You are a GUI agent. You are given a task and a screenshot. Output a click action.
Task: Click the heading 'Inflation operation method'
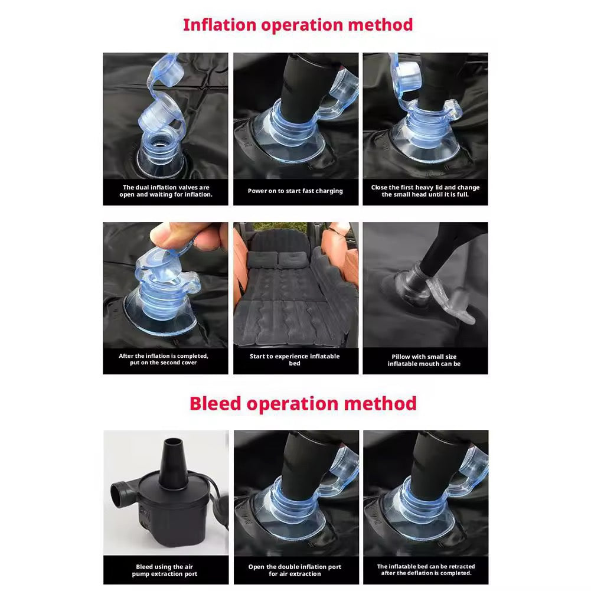tap(298, 25)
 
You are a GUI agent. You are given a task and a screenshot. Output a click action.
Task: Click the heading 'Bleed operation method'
tap(303, 404)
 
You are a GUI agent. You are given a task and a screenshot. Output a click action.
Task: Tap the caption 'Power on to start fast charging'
tap(295, 191)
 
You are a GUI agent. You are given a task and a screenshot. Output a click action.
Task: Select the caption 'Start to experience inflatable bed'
tap(295, 360)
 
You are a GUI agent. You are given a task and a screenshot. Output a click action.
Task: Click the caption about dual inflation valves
tap(166, 191)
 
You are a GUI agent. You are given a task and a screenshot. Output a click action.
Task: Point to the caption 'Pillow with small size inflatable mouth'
tap(424, 360)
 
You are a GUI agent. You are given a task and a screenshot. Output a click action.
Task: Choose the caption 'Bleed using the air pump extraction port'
tap(165, 570)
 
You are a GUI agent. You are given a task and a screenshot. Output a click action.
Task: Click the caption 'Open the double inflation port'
tap(295, 570)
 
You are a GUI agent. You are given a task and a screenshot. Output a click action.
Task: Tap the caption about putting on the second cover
tap(163, 359)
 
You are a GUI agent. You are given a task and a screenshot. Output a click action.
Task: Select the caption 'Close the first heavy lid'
tap(425, 191)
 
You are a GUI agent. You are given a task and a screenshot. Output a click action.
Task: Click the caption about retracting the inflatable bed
tap(426, 570)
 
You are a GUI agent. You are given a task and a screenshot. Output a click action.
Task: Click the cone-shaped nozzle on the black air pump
tap(173, 463)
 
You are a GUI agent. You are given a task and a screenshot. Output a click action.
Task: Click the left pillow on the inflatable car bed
tap(262, 259)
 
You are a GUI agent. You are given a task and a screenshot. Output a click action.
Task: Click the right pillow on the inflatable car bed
tap(293, 259)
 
